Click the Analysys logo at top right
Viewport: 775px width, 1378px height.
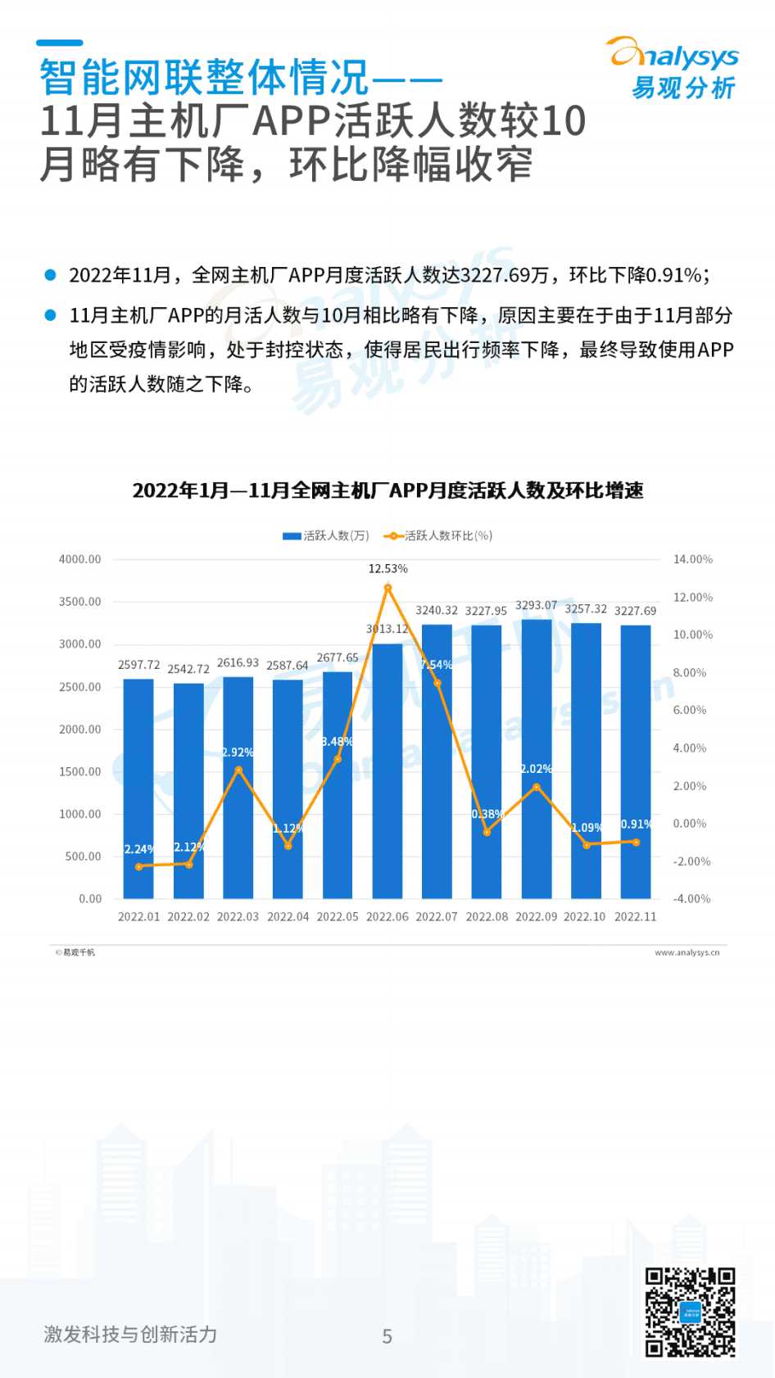673,69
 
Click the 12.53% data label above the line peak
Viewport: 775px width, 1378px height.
387,568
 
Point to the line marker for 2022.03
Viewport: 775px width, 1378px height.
238,770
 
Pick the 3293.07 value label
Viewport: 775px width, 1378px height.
536,605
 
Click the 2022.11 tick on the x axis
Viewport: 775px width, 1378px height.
636,916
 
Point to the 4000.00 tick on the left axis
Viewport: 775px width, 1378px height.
79,559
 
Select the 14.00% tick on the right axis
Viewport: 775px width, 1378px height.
693,559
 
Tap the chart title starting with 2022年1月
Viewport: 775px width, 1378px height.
387,490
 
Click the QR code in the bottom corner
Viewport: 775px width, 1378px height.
690,1312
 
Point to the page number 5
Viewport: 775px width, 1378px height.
387,1336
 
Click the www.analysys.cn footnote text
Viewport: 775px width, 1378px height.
687,952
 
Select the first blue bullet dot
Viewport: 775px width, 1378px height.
51,275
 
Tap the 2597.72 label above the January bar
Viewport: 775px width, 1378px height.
138,665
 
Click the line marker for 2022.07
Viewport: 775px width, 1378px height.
437,683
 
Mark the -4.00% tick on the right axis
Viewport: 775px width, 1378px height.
692,898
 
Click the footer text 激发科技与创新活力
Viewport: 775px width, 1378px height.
130,1334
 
